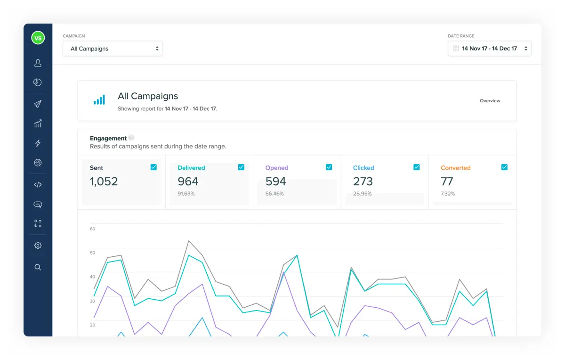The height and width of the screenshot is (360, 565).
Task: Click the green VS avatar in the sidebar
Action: click(38, 38)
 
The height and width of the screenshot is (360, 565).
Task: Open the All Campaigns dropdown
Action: click(113, 49)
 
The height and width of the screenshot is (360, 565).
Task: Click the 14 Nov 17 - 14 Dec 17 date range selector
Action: click(489, 49)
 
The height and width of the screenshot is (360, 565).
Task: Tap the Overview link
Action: click(490, 101)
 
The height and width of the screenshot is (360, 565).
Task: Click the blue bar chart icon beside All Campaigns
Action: click(99, 100)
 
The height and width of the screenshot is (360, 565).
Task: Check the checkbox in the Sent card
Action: click(153, 167)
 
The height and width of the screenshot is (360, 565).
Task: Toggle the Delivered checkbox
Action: click(241, 167)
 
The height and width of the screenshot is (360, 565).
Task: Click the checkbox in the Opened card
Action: click(329, 167)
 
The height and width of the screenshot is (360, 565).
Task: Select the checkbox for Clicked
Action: click(416, 167)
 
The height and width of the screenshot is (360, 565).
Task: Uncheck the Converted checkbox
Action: click(504, 167)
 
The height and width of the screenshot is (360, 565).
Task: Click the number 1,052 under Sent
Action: click(104, 181)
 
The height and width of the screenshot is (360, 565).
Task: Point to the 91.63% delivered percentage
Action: click(186, 194)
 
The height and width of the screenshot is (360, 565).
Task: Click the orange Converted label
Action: click(455, 168)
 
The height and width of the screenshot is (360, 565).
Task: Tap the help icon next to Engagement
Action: click(131, 138)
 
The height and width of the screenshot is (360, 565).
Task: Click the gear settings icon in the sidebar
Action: click(38, 245)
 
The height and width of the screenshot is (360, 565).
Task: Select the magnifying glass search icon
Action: click(38, 267)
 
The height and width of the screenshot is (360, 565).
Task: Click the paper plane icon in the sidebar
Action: click(38, 104)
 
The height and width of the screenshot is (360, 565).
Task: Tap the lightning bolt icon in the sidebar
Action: click(38, 143)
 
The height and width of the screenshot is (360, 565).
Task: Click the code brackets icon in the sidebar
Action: click(38, 185)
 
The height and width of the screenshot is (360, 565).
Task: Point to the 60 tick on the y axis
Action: click(92, 229)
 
